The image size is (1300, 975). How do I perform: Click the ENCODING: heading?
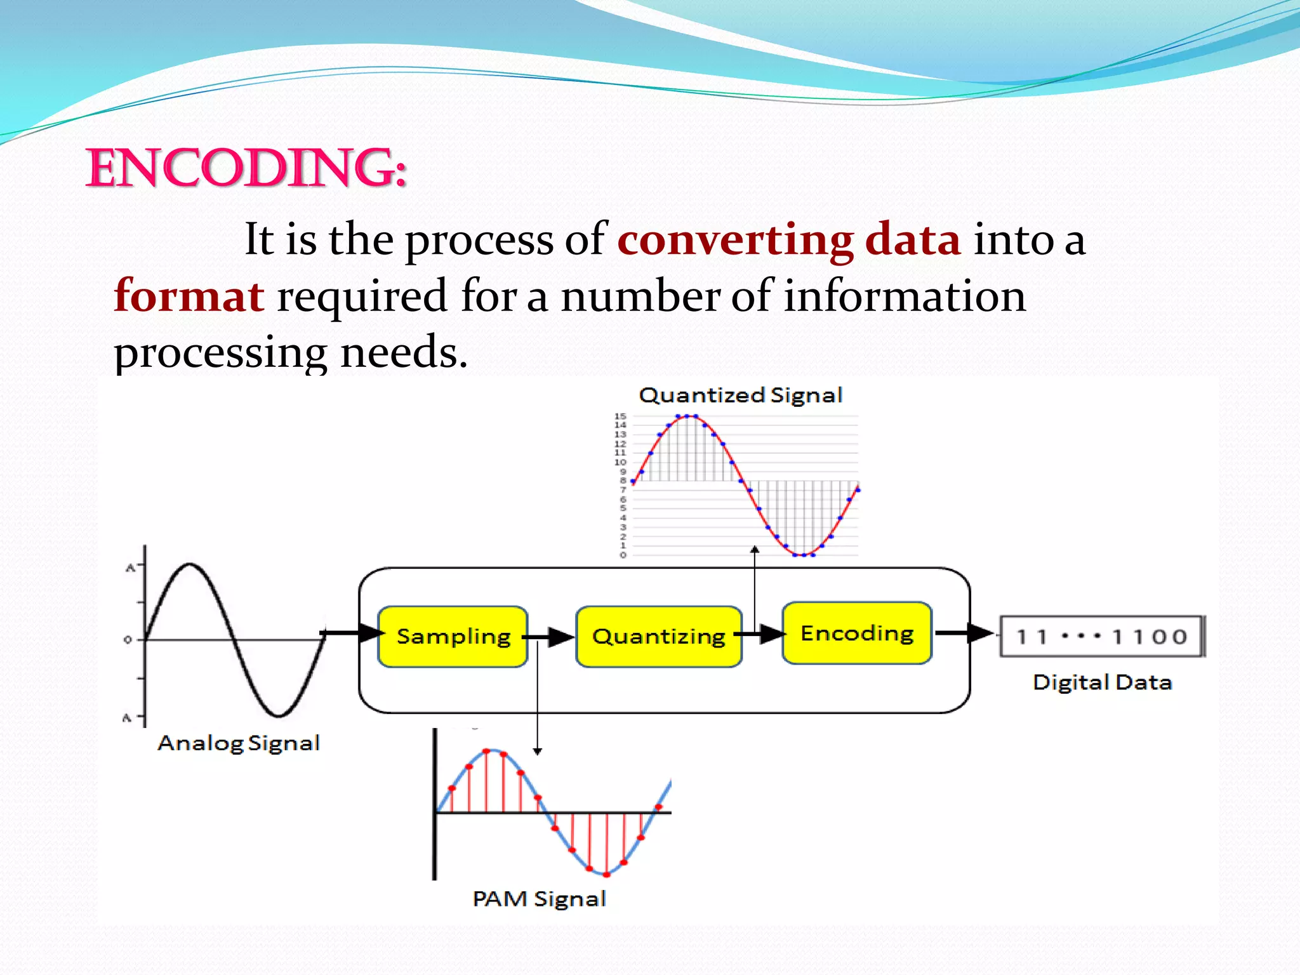[x=246, y=168]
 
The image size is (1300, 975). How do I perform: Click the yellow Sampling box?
[x=453, y=636]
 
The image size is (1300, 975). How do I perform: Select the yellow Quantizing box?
[x=658, y=636]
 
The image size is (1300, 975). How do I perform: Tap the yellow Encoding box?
[x=857, y=633]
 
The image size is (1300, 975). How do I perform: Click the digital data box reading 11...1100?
[x=1101, y=636]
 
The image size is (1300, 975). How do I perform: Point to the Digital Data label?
[x=1102, y=682]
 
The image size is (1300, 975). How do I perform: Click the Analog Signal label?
[x=239, y=743]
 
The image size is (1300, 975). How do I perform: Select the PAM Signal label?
[x=540, y=899]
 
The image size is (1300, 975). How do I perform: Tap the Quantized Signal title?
[x=740, y=395]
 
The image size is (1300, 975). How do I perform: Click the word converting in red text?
[x=735, y=240]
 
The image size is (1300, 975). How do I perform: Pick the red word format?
[x=189, y=296]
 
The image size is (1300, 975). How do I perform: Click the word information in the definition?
[x=905, y=296]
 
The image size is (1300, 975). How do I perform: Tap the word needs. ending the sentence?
[x=404, y=352]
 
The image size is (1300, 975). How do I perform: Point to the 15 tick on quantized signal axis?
[x=620, y=416]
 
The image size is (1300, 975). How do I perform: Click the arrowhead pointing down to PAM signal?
[x=537, y=752]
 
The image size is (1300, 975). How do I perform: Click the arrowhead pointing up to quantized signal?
[x=755, y=549]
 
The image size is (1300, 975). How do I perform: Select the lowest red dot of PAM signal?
[x=606, y=875]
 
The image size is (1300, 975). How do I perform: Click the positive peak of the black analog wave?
[x=190, y=564]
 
